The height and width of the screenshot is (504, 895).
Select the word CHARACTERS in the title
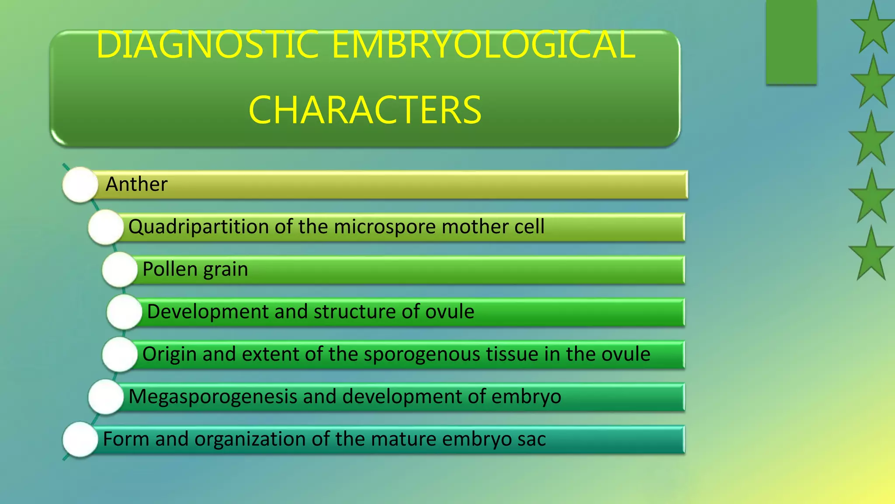365,110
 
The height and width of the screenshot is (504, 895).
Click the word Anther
136,184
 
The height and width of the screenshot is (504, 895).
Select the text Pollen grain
195,269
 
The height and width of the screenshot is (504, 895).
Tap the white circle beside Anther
80,185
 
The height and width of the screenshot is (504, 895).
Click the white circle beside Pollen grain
120,269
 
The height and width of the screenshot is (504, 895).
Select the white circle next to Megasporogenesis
106,397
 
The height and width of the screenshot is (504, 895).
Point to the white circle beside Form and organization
80,439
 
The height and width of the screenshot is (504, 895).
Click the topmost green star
872,28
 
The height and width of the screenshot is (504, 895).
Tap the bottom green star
871,255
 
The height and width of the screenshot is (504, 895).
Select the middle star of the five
871,140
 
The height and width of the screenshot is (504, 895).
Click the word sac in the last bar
531,439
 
